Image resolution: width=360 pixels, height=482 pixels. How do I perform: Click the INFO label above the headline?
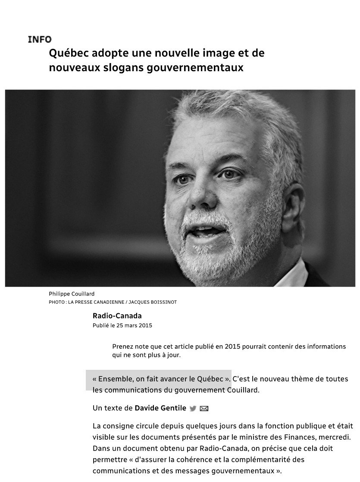coord(39,40)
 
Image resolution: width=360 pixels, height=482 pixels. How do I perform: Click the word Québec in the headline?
coord(67,54)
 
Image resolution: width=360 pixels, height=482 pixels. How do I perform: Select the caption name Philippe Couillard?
coord(72,294)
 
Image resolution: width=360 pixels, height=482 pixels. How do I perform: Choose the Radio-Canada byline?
coord(117,316)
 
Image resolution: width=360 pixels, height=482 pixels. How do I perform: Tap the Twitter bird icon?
coord(193,409)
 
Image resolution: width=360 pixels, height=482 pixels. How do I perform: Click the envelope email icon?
coord(204,409)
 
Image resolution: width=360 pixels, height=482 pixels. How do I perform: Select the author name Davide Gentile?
coord(160,408)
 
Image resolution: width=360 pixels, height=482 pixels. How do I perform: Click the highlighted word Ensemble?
coord(116,379)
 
